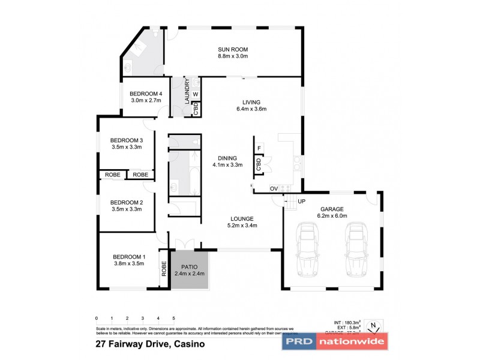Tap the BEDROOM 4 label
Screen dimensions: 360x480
[146, 94]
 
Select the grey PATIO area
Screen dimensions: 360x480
[190, 269]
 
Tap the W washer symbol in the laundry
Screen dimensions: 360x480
[196, 94]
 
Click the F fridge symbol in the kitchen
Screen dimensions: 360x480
[259, 148]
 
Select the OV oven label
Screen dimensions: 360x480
[273, 189]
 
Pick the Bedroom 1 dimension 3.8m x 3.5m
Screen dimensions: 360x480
[128, 263]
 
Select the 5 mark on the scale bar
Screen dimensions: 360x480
[173, 317]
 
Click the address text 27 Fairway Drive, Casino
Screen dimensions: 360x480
[151, 344]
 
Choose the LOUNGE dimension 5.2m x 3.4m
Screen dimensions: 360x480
[242, 226]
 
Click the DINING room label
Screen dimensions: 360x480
[227, 158]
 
